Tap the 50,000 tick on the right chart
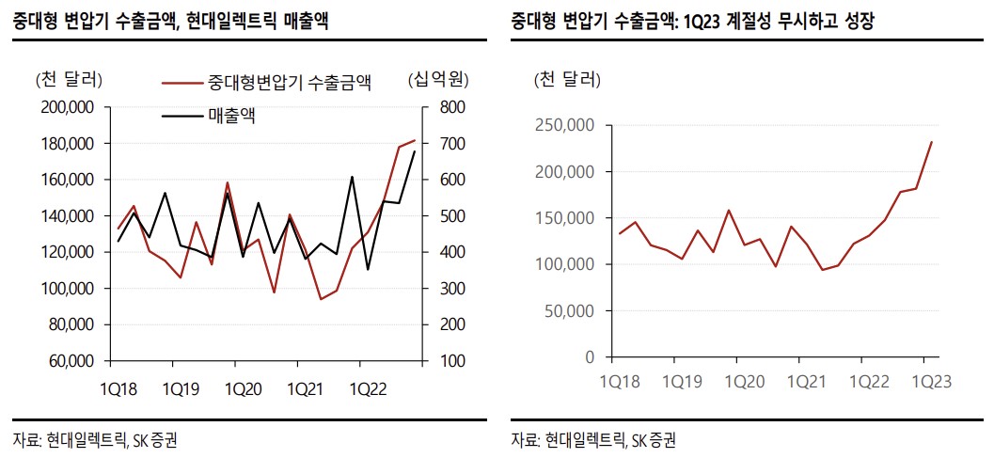(x=571, y=311)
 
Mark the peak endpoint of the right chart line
(x=931, y=142)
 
